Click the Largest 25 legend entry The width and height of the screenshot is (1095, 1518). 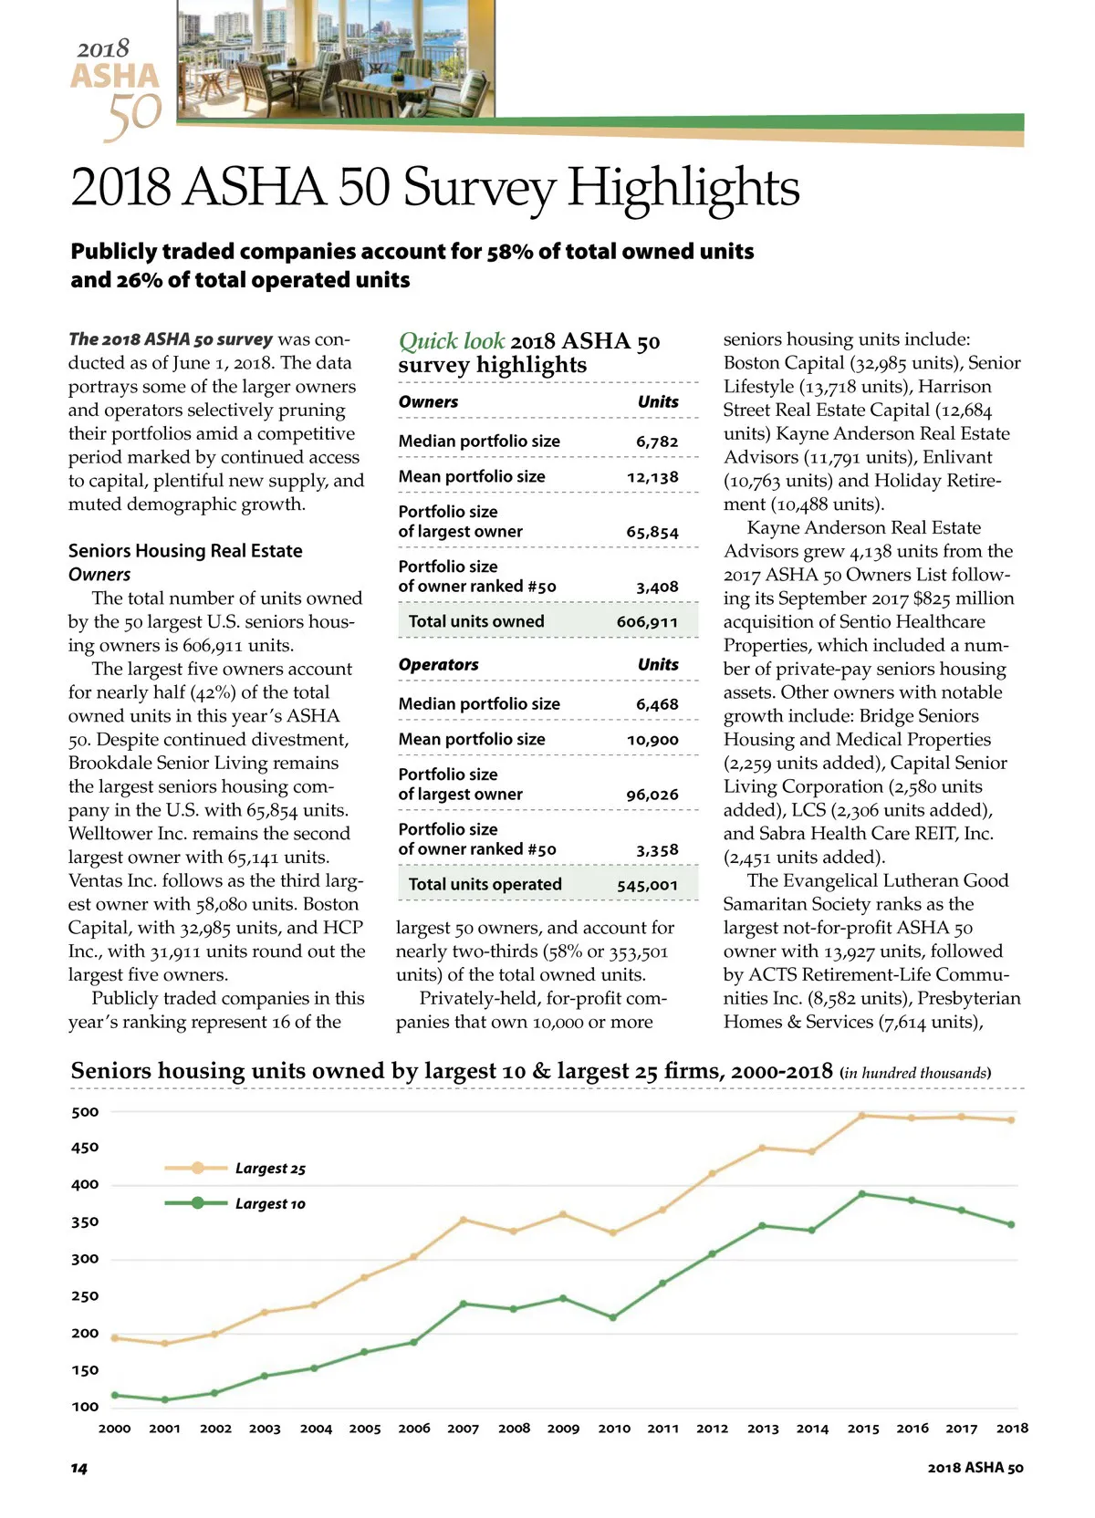[x=269, y=1169]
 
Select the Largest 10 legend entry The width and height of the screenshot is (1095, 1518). [x=269, y=1204]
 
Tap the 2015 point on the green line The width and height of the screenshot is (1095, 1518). [x=862, y=1194]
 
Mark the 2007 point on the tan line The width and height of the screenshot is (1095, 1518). [x=464, y=1220]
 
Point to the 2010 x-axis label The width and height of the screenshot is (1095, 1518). [x=614, y=1429]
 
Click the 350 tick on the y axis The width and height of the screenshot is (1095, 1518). [x=85, y=1222]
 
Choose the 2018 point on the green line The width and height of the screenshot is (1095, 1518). [x=1011, y=1225]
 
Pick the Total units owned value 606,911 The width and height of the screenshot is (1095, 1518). [x=647, y=622]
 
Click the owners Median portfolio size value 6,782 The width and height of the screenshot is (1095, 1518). [x=657, y=442]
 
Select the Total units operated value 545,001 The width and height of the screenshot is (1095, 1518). [x=647, y=885]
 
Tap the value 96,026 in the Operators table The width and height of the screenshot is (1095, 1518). [x=652, y=795]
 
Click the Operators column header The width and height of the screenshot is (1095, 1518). [x=439, y=664]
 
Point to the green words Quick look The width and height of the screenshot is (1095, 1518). [x=452, y=341]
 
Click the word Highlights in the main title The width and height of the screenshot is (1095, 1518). [x=683, y=188]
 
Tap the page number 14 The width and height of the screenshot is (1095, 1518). [x=79, y=1468]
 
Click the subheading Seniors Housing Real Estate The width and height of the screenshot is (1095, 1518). [x=185, y=551]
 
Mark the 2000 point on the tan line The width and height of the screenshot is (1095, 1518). [x=114, y=1338]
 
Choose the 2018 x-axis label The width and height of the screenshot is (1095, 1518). [x=1012, y=1429]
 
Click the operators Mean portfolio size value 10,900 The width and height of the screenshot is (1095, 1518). [x=652, y=740]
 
